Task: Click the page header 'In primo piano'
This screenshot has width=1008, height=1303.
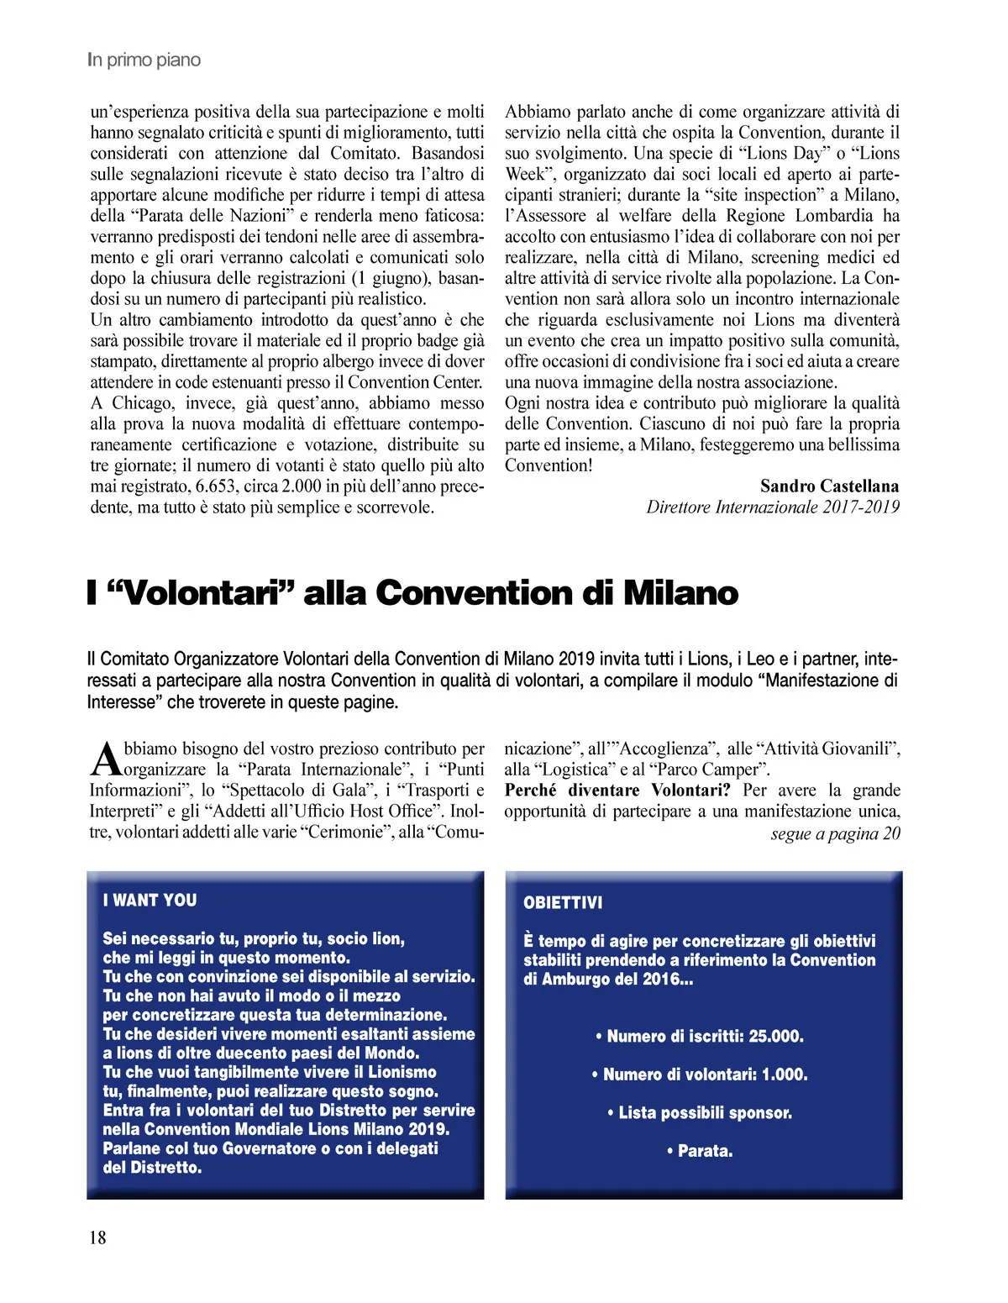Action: (x=144, y=60)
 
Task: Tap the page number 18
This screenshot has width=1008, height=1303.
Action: (x=97, y=1237)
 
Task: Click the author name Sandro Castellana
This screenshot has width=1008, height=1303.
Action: (x=829, y=486)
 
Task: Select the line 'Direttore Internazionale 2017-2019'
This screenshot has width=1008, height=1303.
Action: (x=772, y=507)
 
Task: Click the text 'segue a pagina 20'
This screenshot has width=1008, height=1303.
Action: (x=835, y=833)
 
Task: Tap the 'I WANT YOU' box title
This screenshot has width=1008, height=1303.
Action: (x=150, y=901)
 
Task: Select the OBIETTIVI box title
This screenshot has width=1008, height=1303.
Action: (x=563, y=903)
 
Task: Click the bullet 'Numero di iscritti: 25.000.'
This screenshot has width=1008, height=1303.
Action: (x=700, y=1037)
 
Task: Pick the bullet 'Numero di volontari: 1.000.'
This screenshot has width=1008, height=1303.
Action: (x=700, y=1074)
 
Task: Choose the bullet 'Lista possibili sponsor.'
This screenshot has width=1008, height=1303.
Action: (x=700, y=1113)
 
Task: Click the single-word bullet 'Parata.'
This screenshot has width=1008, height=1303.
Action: (x=700, y=1151)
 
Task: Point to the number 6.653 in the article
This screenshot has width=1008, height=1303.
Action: (x=216, y=486)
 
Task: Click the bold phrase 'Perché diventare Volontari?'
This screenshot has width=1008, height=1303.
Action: (x=617, y=791)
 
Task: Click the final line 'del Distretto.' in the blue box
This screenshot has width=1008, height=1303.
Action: (x=152, y=1168)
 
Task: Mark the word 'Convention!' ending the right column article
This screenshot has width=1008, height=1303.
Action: (x=549, y=465)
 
